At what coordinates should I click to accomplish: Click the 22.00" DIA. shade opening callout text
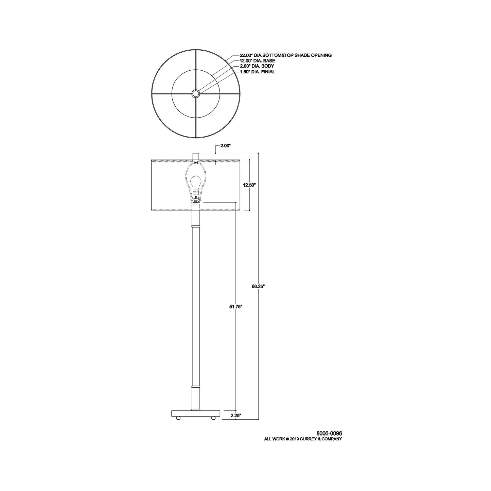[285, 55]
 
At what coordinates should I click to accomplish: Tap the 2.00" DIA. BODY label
[257, 66]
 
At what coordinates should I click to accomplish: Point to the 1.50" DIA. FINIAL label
[258, 72]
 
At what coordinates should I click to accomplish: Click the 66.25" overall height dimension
[258, 286]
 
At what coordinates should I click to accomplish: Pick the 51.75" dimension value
[235, 306]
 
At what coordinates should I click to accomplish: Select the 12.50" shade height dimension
[249, 185]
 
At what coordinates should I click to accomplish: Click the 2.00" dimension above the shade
[225, 146]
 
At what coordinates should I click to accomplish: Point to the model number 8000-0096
[329, 433]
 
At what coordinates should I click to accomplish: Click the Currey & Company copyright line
[303, 439]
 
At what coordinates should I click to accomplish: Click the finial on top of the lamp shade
[195, 156]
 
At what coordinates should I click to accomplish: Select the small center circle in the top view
[195, 93]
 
